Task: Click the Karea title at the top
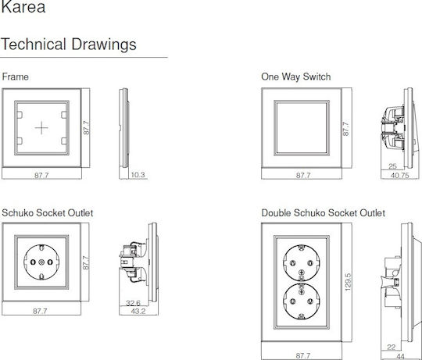pos(23,7)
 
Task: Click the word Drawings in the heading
pos(104,45)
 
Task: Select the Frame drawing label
pos(16,77)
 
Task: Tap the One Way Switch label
pos(295,77)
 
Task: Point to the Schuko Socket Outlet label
pos(48,213)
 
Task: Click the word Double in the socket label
pos(276,213)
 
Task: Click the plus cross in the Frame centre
pos(41,128)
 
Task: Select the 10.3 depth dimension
pos(138,175)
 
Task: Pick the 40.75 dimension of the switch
pos(400,176)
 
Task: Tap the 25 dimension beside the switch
pos(392,166)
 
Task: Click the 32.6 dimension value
pos(133,303)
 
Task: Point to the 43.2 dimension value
pos(138,311)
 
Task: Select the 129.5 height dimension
pos(348,282)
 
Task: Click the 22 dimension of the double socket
pos(391,347)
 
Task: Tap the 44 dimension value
pos(400,357)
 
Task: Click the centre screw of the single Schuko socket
pos(41,262)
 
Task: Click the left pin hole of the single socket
pos(33,262)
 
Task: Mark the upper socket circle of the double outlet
pos(302,263)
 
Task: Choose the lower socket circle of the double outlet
pos(302,301)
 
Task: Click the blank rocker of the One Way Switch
pos(302,128)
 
